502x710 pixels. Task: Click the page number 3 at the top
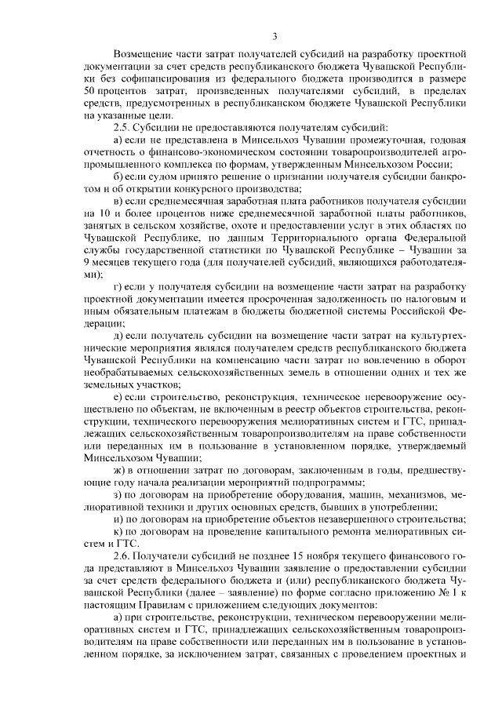point(275,35)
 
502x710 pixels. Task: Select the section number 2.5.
point(123,126)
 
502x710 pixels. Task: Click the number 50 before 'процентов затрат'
point(90,92)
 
